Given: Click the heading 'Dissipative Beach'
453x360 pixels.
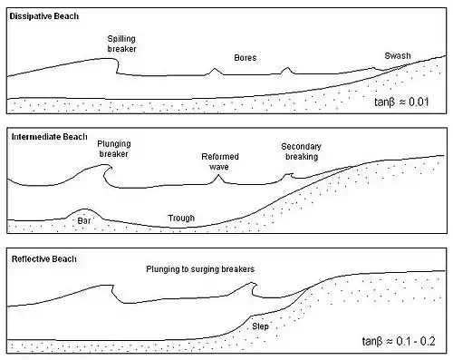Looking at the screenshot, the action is pyautogui.click(x=44, y=16).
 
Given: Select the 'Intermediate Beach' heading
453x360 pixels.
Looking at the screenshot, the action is pyautogui.click(x=49, y=137).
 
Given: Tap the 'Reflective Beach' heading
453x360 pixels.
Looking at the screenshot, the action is pyautogui.click(x=44, y=259).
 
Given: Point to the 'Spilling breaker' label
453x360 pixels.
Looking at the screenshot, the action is pyautogui.click(x=121, y=44).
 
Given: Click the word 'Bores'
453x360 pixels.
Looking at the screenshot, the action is pyautogui.click(x=246, y=58).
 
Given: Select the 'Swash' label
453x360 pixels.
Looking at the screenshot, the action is pyautogui.click(x=398, y=56).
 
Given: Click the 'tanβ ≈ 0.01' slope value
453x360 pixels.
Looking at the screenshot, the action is pyautogui.click(x=401, y=102).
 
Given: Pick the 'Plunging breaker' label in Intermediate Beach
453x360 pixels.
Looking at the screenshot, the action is pyautogui.click(x=114, y=149).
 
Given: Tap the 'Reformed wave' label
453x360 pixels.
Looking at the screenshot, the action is pyautogui.click(x=220, y=161).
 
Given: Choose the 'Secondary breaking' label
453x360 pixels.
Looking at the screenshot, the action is pyautogui.click(x=302, y=151).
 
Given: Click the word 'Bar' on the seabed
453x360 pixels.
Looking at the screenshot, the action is pyautogui.click(x=84, y=220).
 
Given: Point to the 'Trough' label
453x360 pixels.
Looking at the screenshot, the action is pyautogui.click(x=181, y=219).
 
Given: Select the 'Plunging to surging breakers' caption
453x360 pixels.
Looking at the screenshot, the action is pyautogui.click(x=200, y=269).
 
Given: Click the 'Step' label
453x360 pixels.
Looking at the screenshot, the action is pyautogui.click(x=260, y=326).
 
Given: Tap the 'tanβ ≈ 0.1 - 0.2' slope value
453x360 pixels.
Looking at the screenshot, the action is pyautogui.click(x=399, y=341).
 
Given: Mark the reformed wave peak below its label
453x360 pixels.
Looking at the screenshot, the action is pyautogui.click(x=217, y=176).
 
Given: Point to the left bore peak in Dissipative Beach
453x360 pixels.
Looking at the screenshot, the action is pyautogui.click(x=215, y=69).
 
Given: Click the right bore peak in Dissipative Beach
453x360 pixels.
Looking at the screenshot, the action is pyautogui.click(x=287, y=68).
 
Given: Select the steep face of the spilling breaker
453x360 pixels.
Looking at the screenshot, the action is pyautogui.click(x=117, y=66).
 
